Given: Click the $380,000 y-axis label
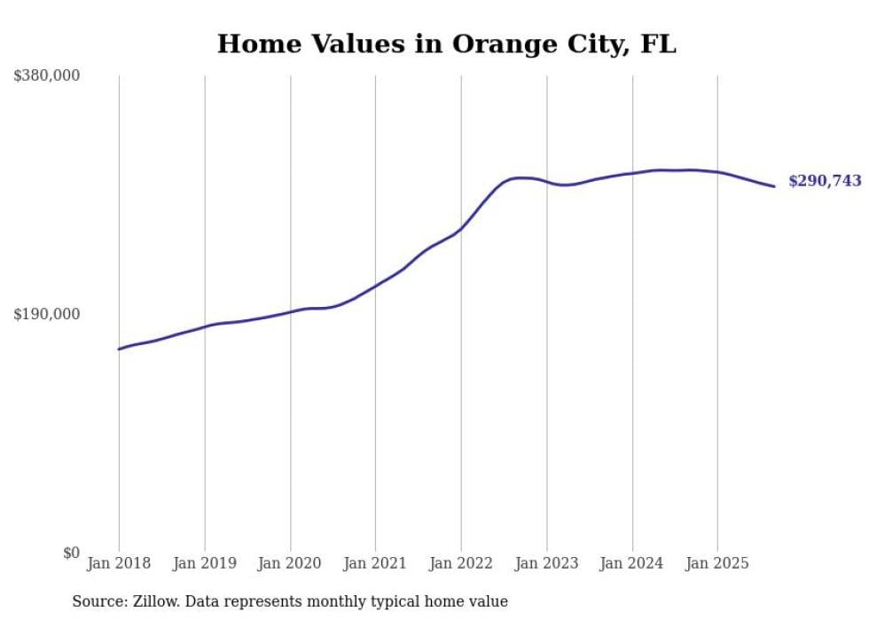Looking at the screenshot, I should pyautogui.click(x=47, y=76).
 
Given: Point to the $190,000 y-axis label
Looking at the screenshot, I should pyautogui.click(x=47, y=314).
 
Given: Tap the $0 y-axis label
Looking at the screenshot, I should pyautogui.click(x=71, y=553).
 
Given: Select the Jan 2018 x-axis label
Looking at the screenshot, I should pyautogui.click(x=119, y=563).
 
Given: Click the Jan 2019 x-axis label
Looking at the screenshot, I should pyautogui.click(x=205, y=563).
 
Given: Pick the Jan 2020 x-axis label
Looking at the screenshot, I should pyautogui.click(x=290, y=563).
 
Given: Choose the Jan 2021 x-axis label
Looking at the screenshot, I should pyautogui.click(x=375, y=563).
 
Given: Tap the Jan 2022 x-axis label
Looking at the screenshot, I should pyautogui.click(x=461, y=563).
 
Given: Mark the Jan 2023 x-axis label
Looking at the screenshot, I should pyautogui.click(x=547, y=563).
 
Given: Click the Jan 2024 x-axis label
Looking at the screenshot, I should pyautogui.click(x=632, y=563).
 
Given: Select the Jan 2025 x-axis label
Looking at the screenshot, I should pyautogui.click(x=717, y=563).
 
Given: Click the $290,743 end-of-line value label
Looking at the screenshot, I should pyautogui.click(x=825, y=181).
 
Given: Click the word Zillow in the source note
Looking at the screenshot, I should pyautogui.click(x=155, y=601).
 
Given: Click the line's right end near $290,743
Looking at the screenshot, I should pyautogui.click(x=774, y=186).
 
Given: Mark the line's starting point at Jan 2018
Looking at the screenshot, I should pyautogui.click(x=119, y=349).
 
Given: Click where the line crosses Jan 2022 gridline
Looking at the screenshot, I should pyautogui.click(x=461, y=228).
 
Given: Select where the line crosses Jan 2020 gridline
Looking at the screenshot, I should pyautogui.click(x=290, y=311).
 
